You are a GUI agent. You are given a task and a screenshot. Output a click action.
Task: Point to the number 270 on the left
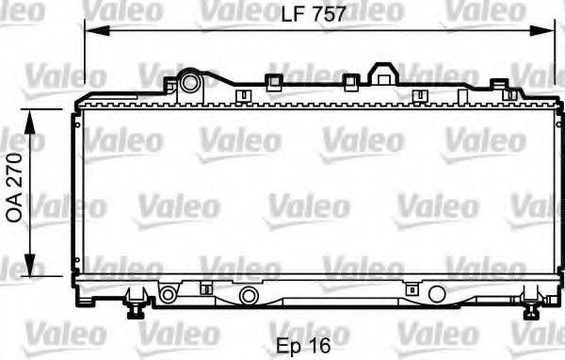[x=13, y=173]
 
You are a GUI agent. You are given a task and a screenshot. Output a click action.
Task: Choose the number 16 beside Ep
[x=320, y=345]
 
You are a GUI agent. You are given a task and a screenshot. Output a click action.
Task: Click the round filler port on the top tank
[x=190, y=82]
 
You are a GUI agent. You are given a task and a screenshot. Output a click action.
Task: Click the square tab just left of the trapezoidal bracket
[x=350, y=82]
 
